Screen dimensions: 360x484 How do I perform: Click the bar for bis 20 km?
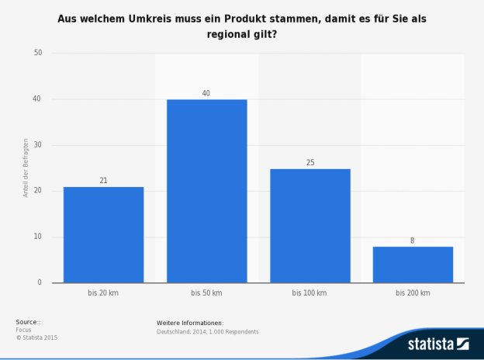(103, 234)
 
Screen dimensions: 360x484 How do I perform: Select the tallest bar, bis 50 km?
(206, 191)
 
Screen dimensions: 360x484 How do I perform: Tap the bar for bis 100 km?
(309, 225)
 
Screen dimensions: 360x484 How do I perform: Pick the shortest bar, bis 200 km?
(412, 265)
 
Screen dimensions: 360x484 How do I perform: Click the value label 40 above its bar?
(206, 93)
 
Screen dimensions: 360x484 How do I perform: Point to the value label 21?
(103, 181)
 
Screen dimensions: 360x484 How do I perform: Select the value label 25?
(309, 163)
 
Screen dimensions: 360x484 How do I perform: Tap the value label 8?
(412, 241)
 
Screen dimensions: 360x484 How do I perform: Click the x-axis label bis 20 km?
(103, 293)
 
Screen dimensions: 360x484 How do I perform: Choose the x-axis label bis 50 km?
(206, 293)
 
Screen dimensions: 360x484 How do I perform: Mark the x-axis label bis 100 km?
(309, 293)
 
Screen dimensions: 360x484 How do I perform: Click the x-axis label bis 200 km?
(412, 293)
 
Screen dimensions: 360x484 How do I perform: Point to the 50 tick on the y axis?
(38, 53)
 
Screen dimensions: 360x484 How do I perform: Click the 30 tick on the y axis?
(38, 145)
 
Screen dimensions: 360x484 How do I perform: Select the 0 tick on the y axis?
(40, 282)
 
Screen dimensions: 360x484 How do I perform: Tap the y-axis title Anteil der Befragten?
(26, 168)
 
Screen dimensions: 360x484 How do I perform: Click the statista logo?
(439, 343)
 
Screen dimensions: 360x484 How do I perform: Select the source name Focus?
(23, 330)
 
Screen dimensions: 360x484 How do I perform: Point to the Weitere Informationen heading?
(190, 322)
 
